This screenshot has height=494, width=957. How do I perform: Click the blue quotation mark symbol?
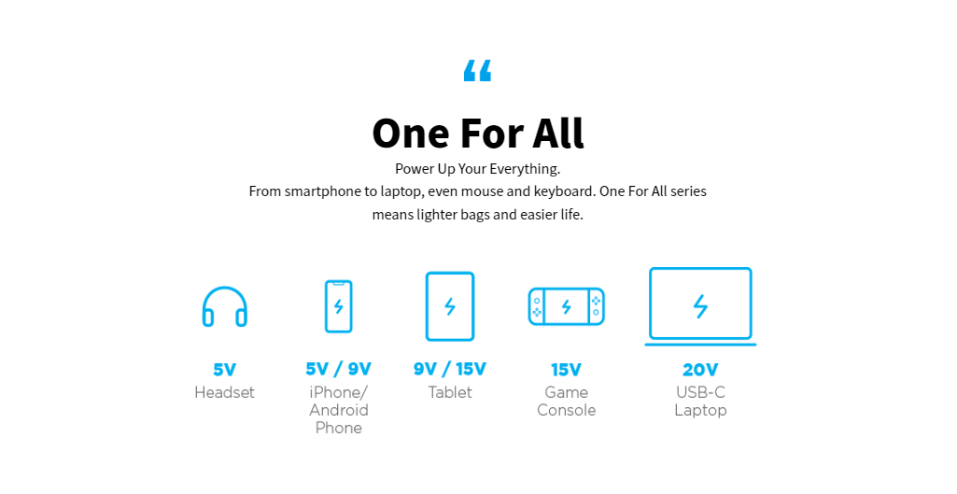pyautogui.click(x=477, y=70)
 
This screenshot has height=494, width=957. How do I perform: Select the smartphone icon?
pyautogui.click(x=339, y=306)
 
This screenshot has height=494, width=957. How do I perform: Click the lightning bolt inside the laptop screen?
pyautogui.click(x=700, y=306)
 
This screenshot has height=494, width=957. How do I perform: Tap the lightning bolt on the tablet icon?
pyautogui.click(x=450, y=306)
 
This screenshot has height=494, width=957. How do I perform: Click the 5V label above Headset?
pyautogui.click(x=225, y=370)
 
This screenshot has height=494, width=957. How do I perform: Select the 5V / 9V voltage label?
pyautogui.click(x=339, y=370)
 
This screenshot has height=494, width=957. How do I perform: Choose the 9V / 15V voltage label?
pyautogui.click(x=450, y=370)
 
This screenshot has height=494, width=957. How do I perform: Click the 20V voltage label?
pyautogui.click(x=700, y=370)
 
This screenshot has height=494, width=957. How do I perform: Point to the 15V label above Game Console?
pyautogui.click(x=567, y=370)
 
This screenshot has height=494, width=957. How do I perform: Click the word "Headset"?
pyautogui.click(x=225, y=392)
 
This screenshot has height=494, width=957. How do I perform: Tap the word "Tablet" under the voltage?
pyautogui.click(x=450, y=392)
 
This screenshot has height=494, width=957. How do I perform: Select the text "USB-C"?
pyautogui.click(x=700, y=392)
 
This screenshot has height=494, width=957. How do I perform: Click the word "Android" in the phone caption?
pyautogui.click(x=339, y=410)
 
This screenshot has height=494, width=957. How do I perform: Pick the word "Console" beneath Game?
pyautogui.click(x=567, y=410)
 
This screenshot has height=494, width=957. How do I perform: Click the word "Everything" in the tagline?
pyautogui.click(x=525, y=169)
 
